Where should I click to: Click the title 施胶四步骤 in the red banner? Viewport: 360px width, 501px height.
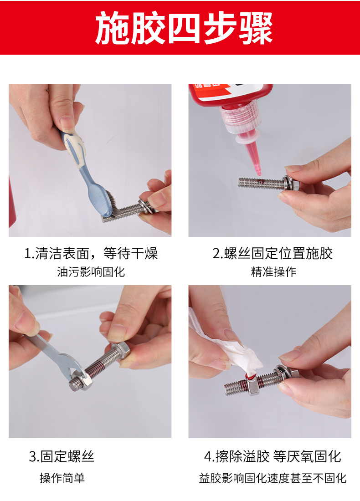[x=184, y=28]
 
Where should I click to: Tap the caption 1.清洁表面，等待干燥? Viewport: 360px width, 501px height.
[x=91, y=253]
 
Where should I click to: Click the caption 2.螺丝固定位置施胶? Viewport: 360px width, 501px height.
[x=273, y=253]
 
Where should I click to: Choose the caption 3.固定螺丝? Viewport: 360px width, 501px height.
[x=62, y=456]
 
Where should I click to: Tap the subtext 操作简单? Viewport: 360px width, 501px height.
[x=62, y=478]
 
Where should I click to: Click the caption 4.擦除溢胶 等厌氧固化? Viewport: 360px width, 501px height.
[x=273, y=456]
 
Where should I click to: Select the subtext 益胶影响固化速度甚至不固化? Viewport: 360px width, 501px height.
[x=273, y=478]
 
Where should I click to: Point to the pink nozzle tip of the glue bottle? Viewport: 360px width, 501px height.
[x=258, y=172]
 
